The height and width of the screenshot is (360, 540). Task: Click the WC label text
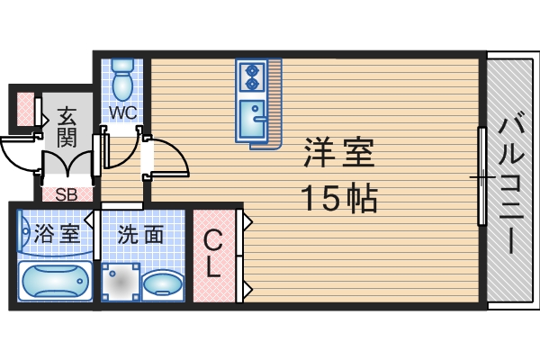122,112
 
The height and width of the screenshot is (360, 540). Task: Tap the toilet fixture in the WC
122,79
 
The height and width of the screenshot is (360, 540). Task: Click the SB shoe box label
66,193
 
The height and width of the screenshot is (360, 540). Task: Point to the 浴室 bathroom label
57,235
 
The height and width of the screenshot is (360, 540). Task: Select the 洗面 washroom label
142,235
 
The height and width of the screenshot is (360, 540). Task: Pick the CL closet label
213,254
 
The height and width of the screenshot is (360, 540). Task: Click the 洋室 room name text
338,154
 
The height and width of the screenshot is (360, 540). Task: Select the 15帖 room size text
338,197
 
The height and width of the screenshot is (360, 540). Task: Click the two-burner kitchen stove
251,76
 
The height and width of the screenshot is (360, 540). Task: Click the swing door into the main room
166,158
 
